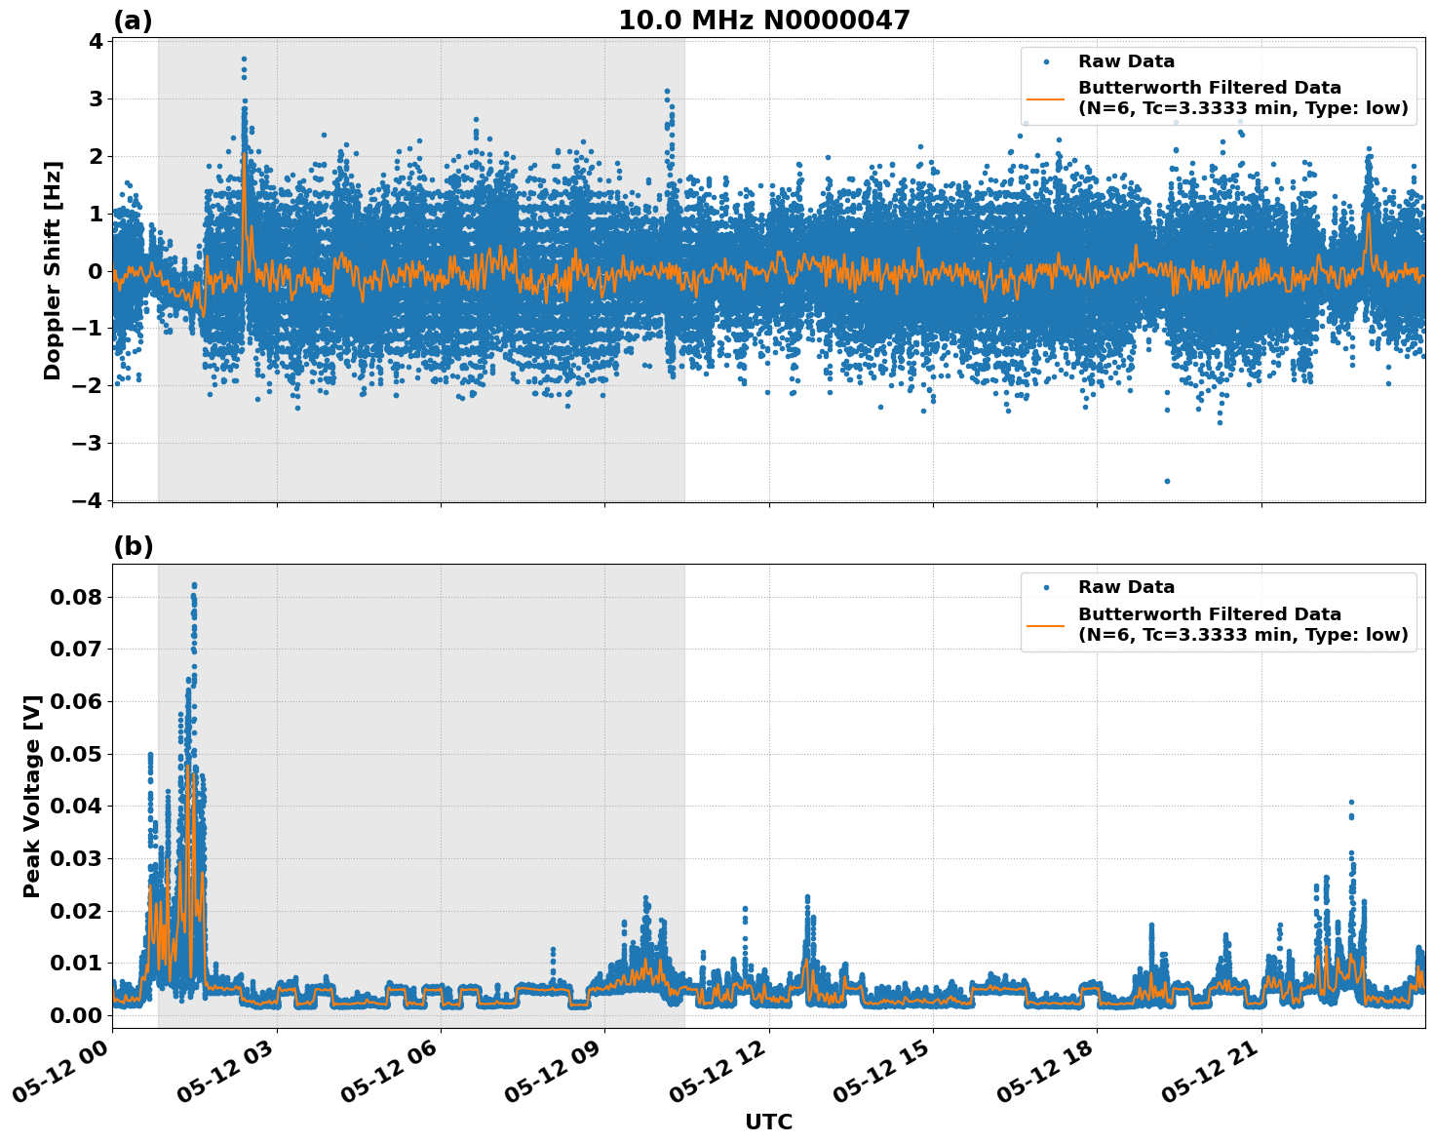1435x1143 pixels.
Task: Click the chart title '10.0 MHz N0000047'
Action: (x=763, y=20)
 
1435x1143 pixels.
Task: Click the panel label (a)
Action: (x=133, y=20)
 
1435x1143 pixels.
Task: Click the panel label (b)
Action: (x=133, y=546)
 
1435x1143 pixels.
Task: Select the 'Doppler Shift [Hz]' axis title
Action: (x=53, y=270)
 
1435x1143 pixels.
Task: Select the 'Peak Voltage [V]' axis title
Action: (x=32, y=796)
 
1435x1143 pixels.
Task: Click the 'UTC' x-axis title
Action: (x=768, y=1122)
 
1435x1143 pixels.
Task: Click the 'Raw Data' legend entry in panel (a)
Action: (x=1126, y=61)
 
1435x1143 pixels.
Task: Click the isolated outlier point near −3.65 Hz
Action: (x=1167, y=481)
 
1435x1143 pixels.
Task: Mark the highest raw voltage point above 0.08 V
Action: (x=194, y=585)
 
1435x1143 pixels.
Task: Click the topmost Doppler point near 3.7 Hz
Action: (x=244, y=59)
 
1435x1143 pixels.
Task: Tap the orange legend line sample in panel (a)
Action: (x=1045, y=99)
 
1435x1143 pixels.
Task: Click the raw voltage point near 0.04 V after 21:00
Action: (x=1351, y=803)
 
